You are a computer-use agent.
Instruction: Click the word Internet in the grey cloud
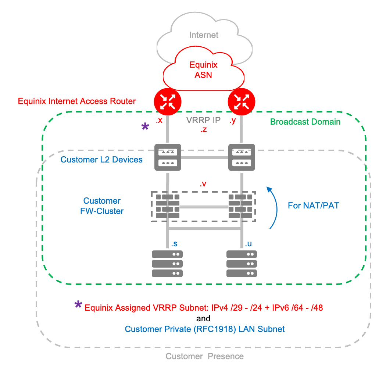[x=204, y=35]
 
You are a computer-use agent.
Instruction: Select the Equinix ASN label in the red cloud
[x=203, y=70]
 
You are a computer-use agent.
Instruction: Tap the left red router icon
[x=168, y=101]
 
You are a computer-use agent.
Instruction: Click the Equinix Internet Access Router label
[x=77, y=101]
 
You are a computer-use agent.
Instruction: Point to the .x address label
[x=159, y=120]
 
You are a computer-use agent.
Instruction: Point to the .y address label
[x=232, y=120]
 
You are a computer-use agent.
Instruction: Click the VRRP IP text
[x=203, y=120]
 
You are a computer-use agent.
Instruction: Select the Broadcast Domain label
[x=305, y=122]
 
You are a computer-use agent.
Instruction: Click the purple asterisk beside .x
[x=146, y=127]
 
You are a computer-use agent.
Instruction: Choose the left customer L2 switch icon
[x=168, y=157]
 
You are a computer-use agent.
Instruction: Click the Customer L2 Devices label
[x=101, y=160]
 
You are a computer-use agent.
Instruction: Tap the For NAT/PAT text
[x=313, y=206]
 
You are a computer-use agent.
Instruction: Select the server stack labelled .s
[x=168, y=263]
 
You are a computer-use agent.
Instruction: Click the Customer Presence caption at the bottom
[x=204, y=356]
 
